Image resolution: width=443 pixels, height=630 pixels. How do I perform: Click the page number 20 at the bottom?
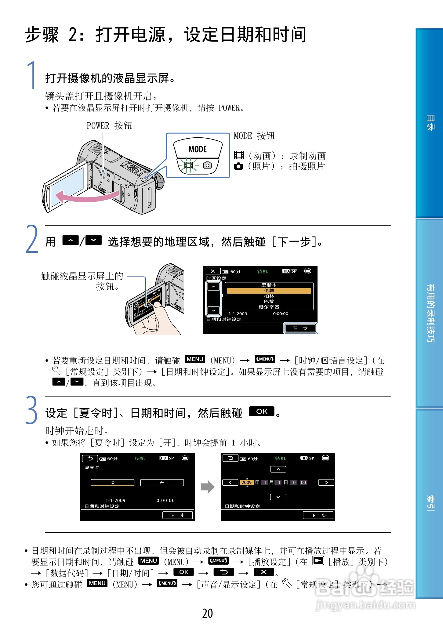tap(207, 613)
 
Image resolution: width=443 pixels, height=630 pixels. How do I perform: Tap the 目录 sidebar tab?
tap(430, 123)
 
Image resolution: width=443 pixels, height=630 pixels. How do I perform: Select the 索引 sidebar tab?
tap(430, 503)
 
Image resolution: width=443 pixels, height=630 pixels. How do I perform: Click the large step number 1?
tap(31, 75)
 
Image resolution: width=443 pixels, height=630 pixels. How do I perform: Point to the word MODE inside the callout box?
tap(198, 149)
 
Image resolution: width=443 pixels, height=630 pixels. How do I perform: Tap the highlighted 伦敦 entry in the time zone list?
tap(269, 291)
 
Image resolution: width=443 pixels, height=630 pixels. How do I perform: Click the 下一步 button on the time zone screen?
tap(300, 328)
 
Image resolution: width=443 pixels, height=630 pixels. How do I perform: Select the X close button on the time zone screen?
tap(213, 271)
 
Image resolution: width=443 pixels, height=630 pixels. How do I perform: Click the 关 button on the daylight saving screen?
tap(113, 483)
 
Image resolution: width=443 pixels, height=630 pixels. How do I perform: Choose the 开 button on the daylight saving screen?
tap(162, 483)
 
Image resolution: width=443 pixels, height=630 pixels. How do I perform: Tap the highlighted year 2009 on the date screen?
tap(246, 482)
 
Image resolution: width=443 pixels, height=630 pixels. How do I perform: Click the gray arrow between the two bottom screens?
tap(207, 487)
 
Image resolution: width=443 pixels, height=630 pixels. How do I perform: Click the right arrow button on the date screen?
tap(326, 482)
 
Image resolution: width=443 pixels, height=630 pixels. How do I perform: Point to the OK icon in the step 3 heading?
tap(262, 411)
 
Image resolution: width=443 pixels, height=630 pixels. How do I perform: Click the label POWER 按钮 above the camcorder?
tap(109, 125)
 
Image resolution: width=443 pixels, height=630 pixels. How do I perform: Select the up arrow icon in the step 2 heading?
tap(70, 241)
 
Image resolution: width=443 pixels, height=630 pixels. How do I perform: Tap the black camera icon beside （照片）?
tap(238, 166)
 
